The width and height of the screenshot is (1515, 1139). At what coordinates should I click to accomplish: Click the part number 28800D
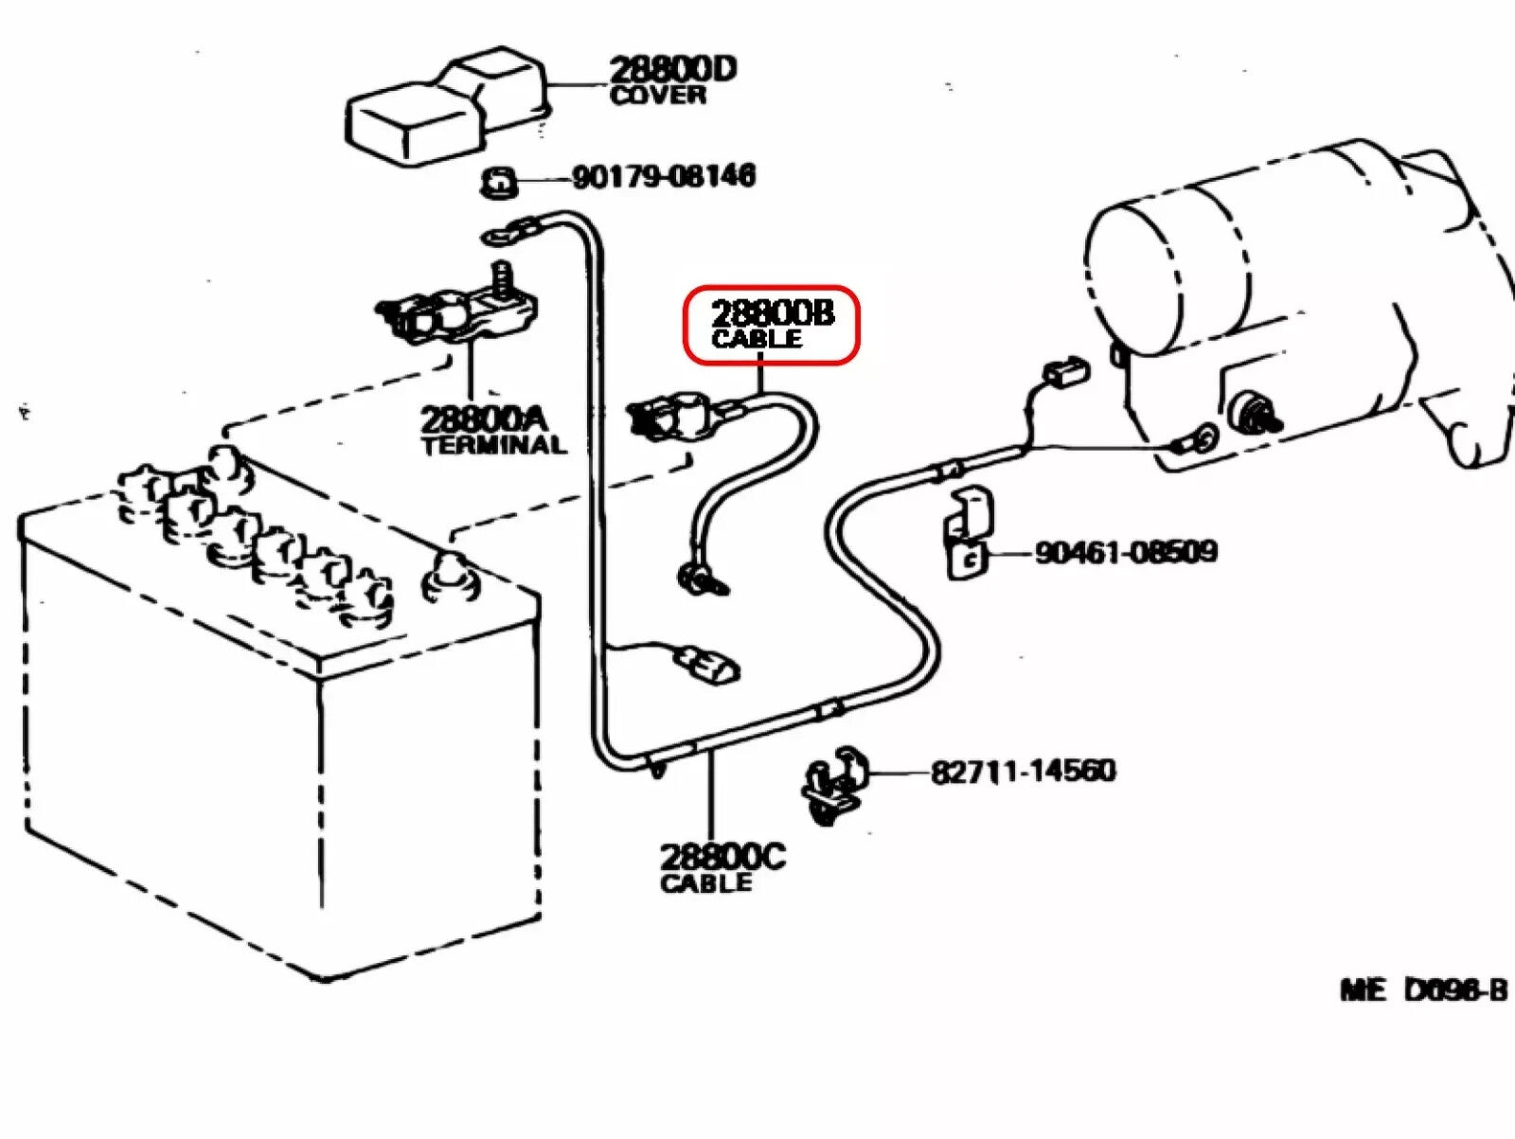[672, 69]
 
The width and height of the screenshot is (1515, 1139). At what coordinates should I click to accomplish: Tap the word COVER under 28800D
[658, 95]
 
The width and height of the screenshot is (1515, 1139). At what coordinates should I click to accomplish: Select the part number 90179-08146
[663, 176]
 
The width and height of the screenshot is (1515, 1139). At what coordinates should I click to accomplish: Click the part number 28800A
[483, 418]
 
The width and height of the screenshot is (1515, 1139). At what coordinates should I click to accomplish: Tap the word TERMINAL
[493, 445]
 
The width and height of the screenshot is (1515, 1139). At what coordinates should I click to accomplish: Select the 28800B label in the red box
[773, 312]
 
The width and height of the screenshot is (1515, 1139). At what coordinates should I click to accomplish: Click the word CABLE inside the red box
[757, 339]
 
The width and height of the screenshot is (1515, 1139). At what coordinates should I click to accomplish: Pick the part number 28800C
[722, 857]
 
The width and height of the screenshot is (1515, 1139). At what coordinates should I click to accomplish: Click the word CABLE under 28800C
[706, 883]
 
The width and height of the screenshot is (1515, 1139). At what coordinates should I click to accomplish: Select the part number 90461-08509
[1125, 552]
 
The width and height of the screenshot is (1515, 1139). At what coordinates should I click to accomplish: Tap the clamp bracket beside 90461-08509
[967, 535]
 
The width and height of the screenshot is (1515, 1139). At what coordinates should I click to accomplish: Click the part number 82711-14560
[1023, 771]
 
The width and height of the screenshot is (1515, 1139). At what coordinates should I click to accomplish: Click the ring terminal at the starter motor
[1199, 438]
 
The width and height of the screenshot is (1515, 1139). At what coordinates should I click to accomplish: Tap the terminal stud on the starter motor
[1255, 413]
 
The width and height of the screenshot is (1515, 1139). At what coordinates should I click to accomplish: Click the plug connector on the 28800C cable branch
[705, 663]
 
